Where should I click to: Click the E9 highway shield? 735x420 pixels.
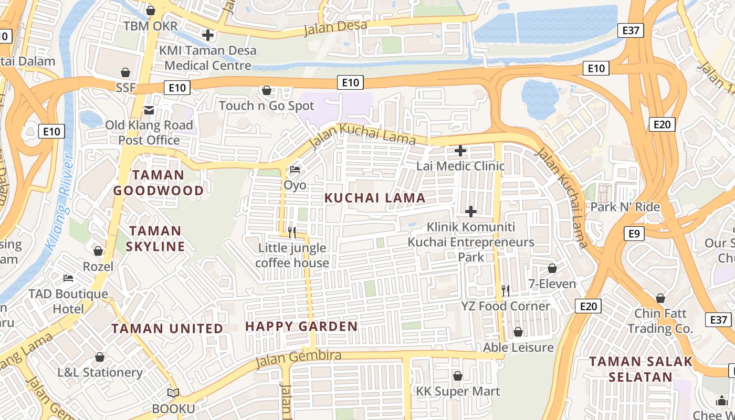(634, 233)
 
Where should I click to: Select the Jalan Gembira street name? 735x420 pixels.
(298, 359)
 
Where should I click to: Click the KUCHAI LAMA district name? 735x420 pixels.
(375, 198)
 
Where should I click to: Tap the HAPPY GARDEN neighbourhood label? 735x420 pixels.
(301, 326)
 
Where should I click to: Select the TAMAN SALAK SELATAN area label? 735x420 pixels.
(640, 369)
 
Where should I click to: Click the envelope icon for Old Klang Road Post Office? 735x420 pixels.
(149, 110)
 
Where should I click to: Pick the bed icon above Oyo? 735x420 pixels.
(295, 170)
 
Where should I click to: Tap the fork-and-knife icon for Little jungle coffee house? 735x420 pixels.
(292, 232)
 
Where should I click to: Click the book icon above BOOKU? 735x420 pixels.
(173, 393)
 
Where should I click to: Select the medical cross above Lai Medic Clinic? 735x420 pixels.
(460, 151)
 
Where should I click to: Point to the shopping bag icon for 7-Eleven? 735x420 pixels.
(552, 268)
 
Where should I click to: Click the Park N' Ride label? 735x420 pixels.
(625, 207)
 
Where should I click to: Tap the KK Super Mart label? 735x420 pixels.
(458, 391)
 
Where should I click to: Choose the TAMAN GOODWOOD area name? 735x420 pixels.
(158, 183)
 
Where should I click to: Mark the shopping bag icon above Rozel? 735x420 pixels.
(98, 251)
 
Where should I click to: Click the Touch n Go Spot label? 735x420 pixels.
(266, 106)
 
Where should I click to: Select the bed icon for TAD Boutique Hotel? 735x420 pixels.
(68, 278)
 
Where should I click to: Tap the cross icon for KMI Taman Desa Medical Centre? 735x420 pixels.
(208, 35)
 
